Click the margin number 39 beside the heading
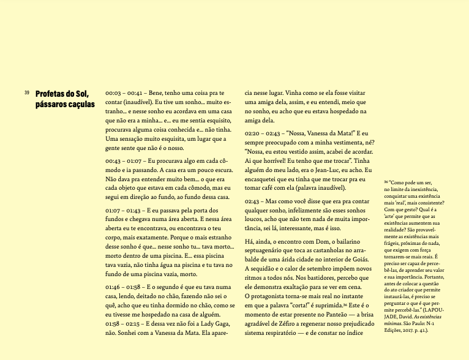[27, 92]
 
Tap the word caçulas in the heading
[80, 104]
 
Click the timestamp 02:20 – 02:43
[265, 133]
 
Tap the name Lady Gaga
[203, 335]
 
